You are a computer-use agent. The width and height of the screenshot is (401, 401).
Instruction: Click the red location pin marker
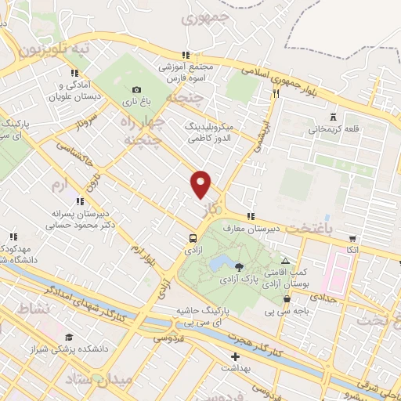(x=201, y=184)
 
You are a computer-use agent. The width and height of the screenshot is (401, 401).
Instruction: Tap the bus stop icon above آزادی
(x=193, y=238)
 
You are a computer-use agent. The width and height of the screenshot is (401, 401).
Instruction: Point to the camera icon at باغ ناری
(x=137, y=89)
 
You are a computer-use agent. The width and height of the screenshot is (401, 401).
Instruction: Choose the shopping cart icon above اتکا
(x=352, y=238)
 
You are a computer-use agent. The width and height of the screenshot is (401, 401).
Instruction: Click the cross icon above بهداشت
(x=235, y=356)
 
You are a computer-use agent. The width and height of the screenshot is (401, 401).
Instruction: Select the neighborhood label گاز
(x=209, y=209)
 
